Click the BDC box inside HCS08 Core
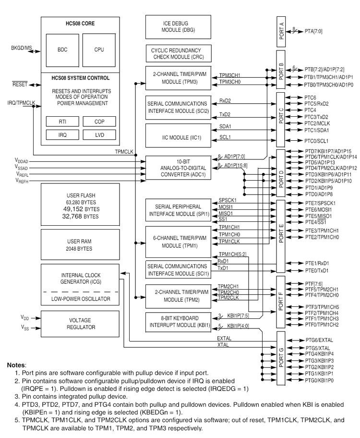[x=62, y=49]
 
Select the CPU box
[x=99, y=49]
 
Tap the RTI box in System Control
[x=62, y=122]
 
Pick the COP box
[x=99, y=122]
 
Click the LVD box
[x=99, y=135]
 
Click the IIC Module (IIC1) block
[x=178, y=137]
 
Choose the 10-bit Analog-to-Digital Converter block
[x=178, y=168]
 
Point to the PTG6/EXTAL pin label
[x=319, y=340]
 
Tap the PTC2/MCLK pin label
[x=317, y=123]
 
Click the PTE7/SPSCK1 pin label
[x=320, y=204]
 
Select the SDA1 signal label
[x=225, y=126]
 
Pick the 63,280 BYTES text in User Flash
[x=80, y=202]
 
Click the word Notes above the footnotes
[x=17, y=366]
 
